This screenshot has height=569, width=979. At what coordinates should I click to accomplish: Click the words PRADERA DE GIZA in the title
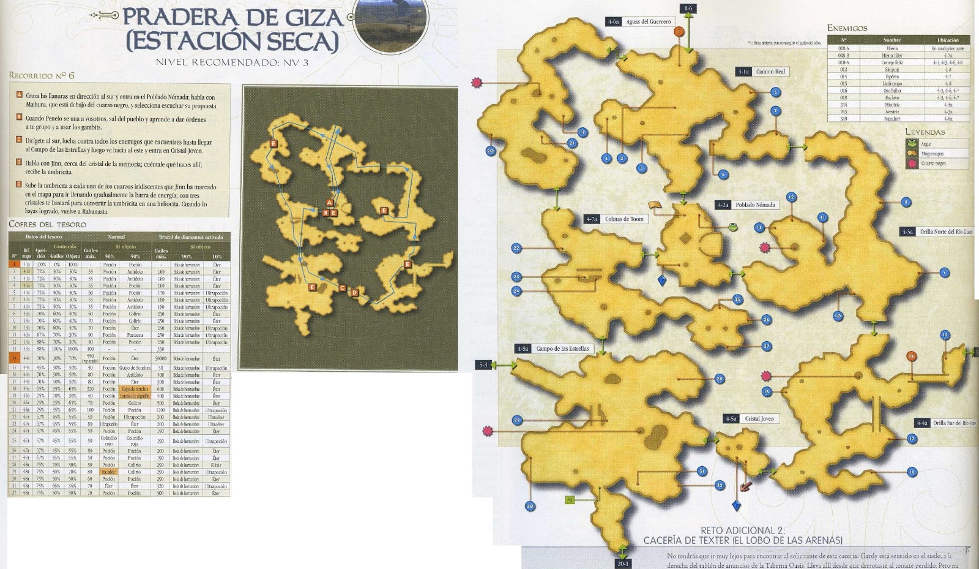pos(233,17)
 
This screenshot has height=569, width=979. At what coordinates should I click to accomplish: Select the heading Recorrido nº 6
pos(42,75)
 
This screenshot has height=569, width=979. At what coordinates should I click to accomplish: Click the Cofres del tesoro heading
pos(47,224)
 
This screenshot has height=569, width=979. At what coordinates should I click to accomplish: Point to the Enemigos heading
pos(847,28)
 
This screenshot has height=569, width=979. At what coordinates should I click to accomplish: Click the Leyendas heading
pos(925,132)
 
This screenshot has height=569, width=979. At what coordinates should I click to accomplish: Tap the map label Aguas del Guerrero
pos(648,22)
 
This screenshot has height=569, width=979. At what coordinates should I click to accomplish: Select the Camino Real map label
pos(770,72)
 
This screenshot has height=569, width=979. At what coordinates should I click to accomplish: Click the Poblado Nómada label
pos(754,205)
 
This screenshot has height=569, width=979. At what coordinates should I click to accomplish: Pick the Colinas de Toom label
pos(624,219)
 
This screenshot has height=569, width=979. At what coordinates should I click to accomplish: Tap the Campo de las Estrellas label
pos(562,349)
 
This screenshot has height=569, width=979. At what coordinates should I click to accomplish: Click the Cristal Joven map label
pos(759,419)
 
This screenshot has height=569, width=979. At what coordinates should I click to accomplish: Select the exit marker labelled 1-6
pos(689,9)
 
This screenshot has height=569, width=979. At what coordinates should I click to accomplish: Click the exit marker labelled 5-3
pos(483,365)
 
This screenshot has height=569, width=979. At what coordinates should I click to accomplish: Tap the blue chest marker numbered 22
pos(516,248)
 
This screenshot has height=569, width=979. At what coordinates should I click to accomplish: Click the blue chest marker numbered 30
pos(530,506)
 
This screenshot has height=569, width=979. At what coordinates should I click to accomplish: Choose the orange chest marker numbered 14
pos(912,356)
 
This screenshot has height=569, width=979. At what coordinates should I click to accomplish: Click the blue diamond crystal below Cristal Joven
pos(737,505)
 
